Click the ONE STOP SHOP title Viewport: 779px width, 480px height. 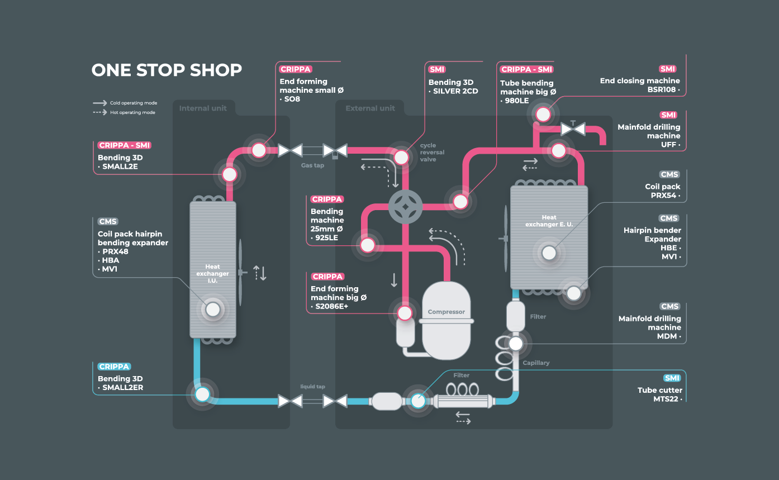pos(167,70)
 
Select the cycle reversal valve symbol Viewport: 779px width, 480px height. pos(405,206)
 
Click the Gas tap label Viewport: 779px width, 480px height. pos(312,165)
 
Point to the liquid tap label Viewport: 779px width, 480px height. pos(312,387)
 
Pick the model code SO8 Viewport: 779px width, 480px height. pos(292,99)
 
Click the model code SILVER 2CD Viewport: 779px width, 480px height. pos(455,92)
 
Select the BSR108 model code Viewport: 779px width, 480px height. pos(662,89)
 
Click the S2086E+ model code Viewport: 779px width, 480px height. pos(331,306)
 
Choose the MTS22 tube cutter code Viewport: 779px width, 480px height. pos(666,399)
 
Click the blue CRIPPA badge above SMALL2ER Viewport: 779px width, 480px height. pos(115,367)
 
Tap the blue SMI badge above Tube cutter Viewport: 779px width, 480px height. pos(672,378)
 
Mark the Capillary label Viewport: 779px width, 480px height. pos(536,363)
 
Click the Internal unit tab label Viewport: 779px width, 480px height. pos(203,108)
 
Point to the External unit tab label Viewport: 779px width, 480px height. pos(370,108)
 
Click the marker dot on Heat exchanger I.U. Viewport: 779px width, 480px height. pos(212,309)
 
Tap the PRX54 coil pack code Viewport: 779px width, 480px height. pos(663,196)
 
